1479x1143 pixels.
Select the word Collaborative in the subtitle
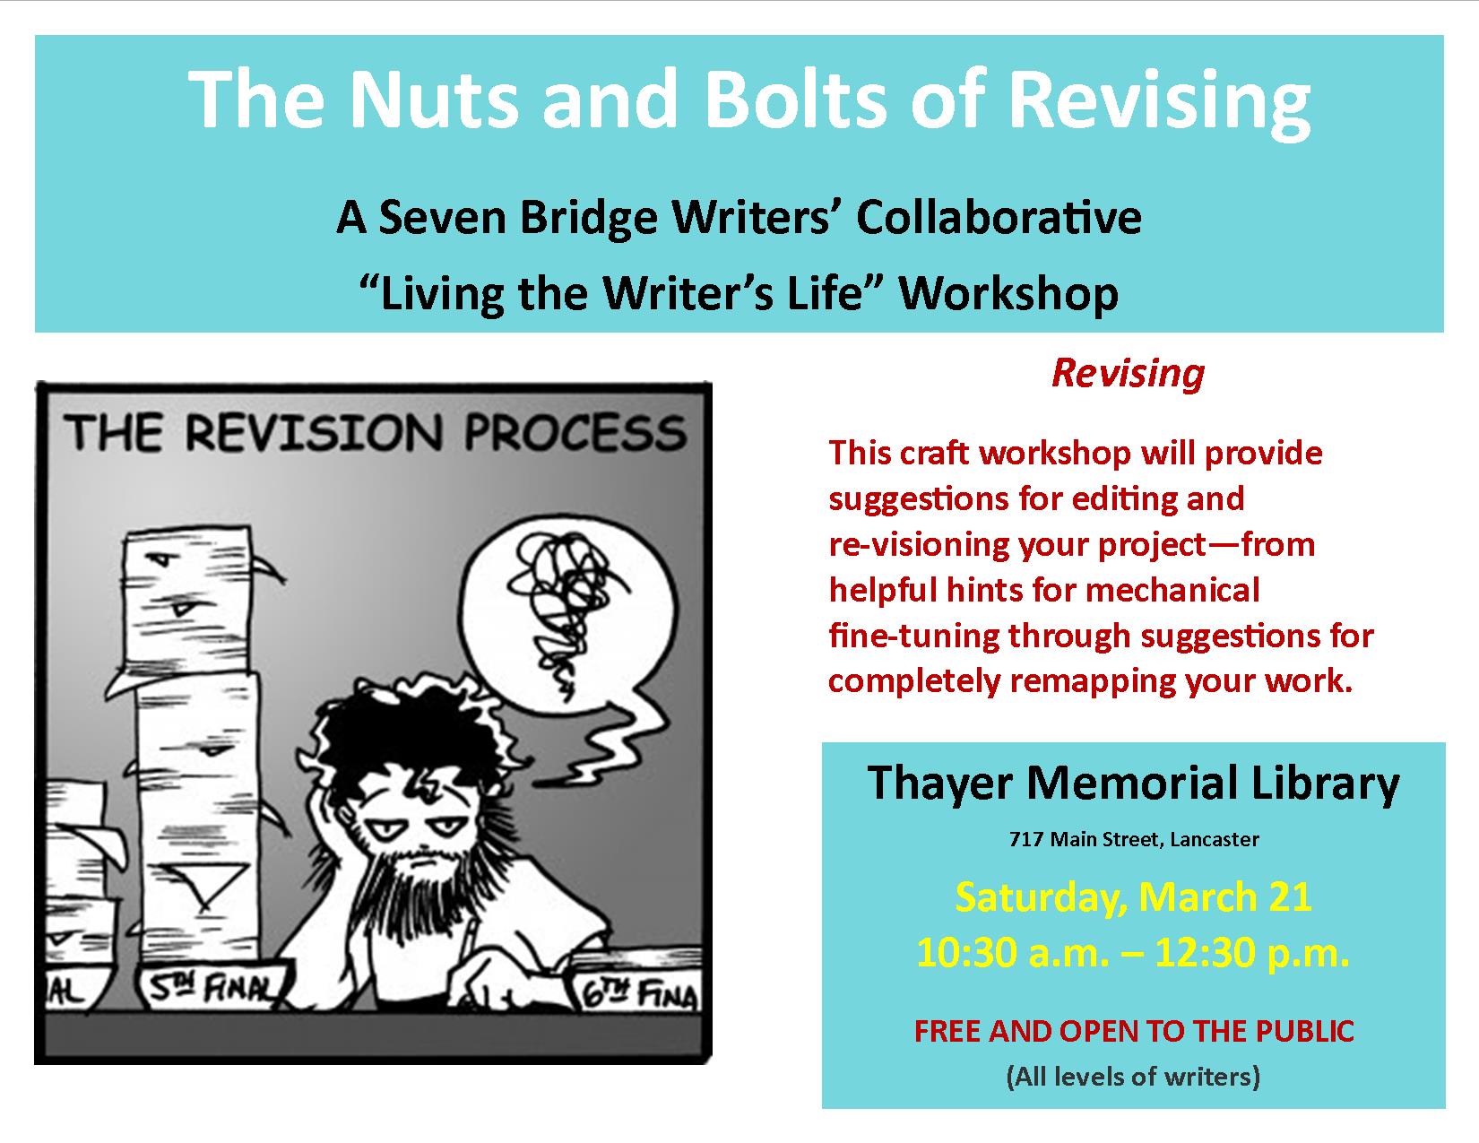point(999,218)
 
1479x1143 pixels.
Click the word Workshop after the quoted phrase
point(1008,293)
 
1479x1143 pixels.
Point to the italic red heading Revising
point(1128,373)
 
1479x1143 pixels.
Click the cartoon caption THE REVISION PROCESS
point(375,432)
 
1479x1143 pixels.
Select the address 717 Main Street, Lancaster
point(1134,839)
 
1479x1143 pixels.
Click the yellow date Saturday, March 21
point(1134,897)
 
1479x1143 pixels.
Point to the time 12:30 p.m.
point(1252,953)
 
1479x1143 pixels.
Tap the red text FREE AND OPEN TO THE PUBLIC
point(1134,1031)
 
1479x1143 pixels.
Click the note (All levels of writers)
point(1134,1077)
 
